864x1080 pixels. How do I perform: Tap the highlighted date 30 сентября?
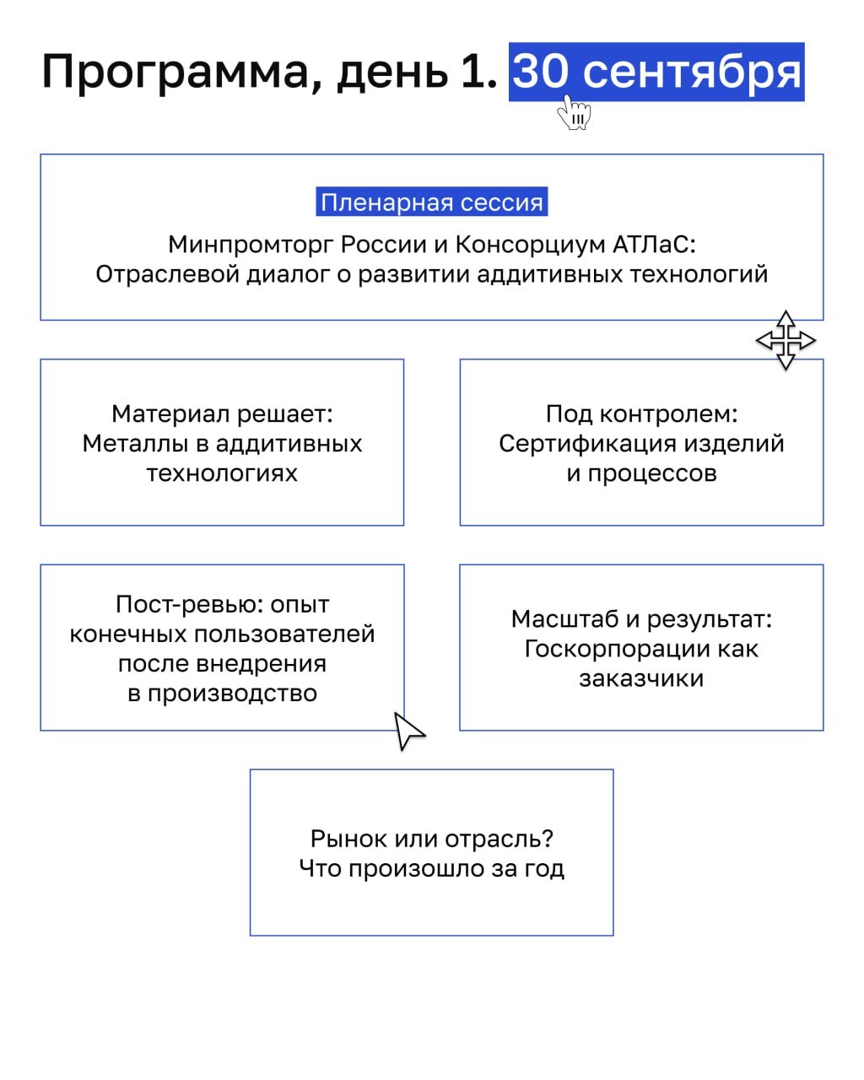656,73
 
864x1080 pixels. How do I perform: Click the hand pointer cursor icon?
575,112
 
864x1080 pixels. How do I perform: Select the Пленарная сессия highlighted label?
432,202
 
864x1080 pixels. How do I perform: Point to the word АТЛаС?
654,245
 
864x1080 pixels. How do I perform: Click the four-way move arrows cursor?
786,341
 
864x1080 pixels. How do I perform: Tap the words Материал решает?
222,414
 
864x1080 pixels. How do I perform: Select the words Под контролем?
641,414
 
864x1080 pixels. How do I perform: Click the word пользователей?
284,634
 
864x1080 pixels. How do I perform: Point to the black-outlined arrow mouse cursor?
409,731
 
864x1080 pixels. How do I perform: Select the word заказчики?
641,678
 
